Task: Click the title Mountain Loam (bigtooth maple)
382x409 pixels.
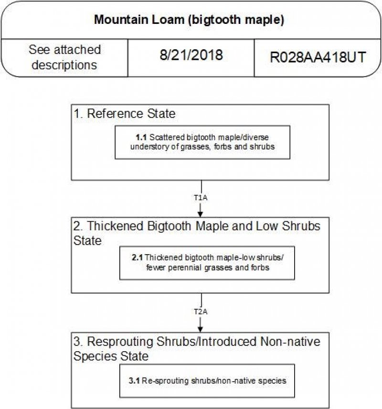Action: (190, 20)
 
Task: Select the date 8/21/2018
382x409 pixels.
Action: (191, 55)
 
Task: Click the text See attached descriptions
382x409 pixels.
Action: (64, 57)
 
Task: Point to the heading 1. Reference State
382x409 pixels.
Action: (125, 114)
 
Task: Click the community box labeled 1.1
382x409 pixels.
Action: (202, 142)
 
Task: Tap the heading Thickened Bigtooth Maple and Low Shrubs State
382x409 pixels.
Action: (197, 233)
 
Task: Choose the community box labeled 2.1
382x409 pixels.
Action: (207, 263)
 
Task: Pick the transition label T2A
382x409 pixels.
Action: (201, 311)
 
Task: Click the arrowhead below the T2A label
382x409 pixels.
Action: (201, 328)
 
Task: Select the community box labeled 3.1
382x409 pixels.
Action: (207, 380)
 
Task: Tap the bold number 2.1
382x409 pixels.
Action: (138, 258)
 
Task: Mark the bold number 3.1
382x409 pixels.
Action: (134, 381)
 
